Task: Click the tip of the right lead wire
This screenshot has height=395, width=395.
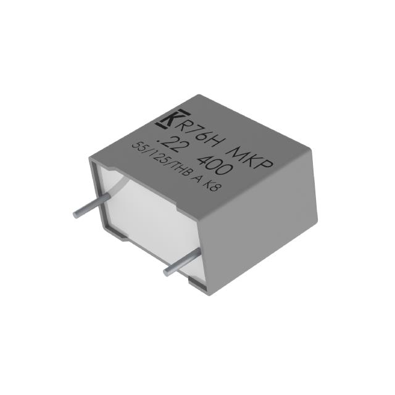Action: [x=167, y=272]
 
